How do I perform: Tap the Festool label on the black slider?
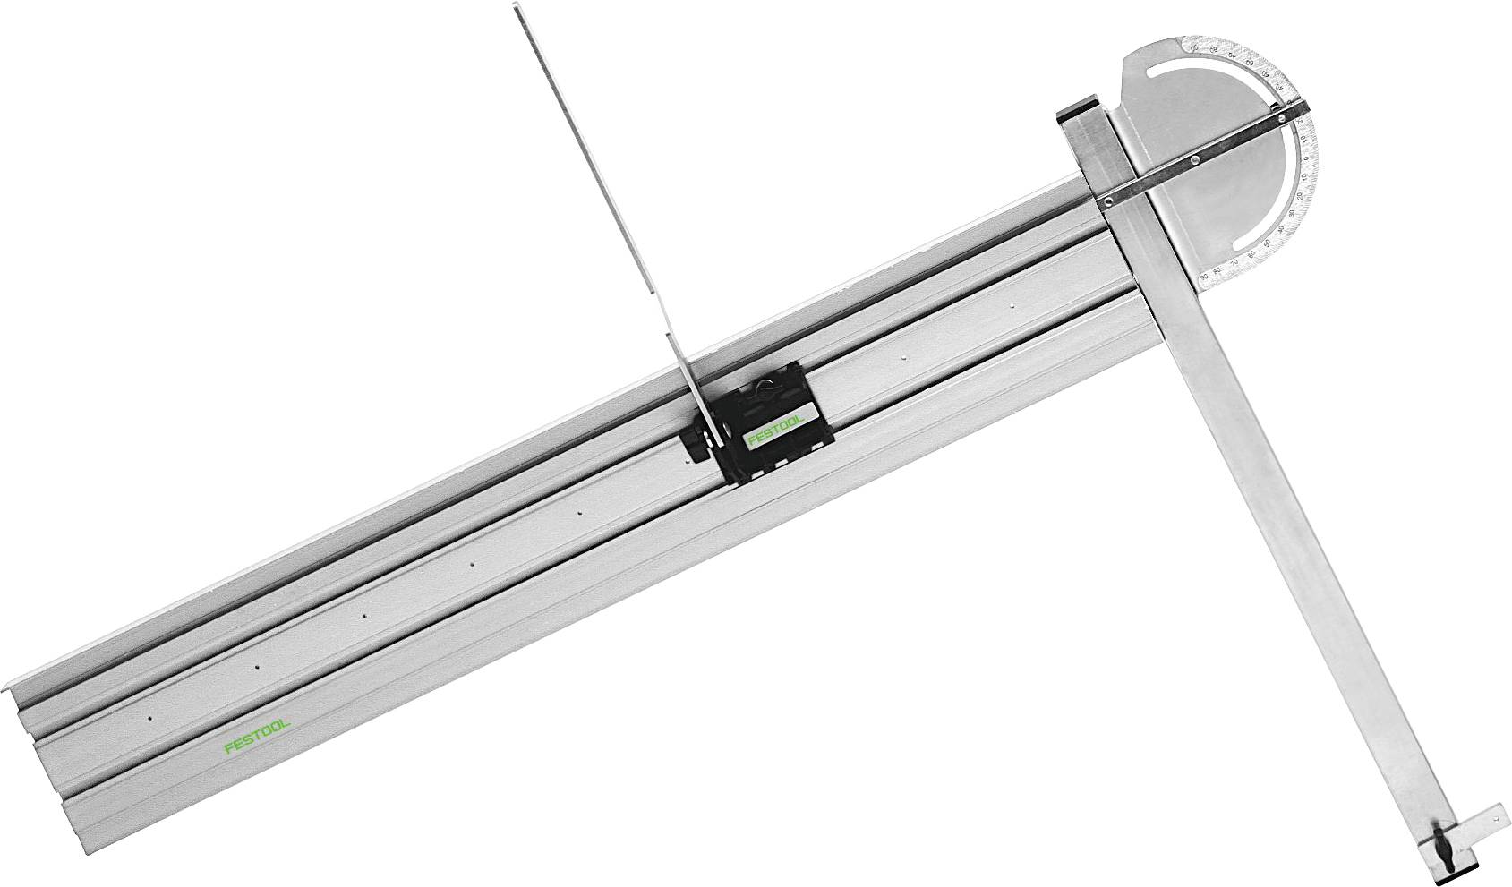pos(774,436)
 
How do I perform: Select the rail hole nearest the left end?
pos(149,718)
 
